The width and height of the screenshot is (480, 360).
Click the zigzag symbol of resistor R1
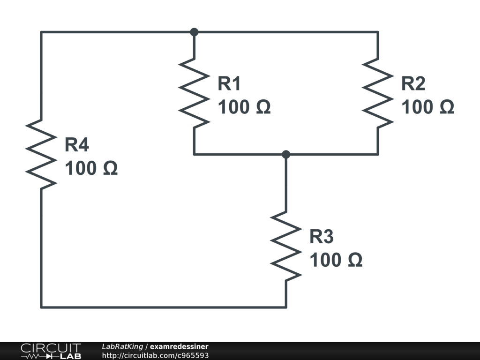click(x=194, y=93)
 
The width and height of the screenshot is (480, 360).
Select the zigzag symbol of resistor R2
click(x=378, y=93)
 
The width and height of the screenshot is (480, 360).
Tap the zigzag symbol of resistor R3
click(x=286, y=246)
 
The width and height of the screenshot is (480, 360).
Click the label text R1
click(x=229, y=84)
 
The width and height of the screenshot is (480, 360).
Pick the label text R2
click(x=413, y=84)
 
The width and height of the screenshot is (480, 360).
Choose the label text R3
click(x=321, y=237)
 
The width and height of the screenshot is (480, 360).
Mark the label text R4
click(x=76, y=145)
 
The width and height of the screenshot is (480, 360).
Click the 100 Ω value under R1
click(x=244, y=107)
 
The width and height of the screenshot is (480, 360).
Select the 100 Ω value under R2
click(x=427, y=107)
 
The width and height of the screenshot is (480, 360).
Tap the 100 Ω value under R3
click(x=336, y=260)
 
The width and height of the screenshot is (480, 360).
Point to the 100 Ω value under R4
click(x=91, y=169)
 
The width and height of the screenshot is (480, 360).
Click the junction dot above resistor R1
click(x=194, y=32)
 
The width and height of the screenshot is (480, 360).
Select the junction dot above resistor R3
click(x=286, y=154)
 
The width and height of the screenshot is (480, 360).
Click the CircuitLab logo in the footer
click(x=51, y=351)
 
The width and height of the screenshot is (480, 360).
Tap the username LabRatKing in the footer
click(x=122, y=346)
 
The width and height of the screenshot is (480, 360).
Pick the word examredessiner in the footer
click(x=179, y=346)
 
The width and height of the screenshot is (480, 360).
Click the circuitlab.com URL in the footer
click(x=155, y=355)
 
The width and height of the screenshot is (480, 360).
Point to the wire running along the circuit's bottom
click(x=164, y=307)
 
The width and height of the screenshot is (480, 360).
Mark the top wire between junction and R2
click(x=286, y=32)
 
